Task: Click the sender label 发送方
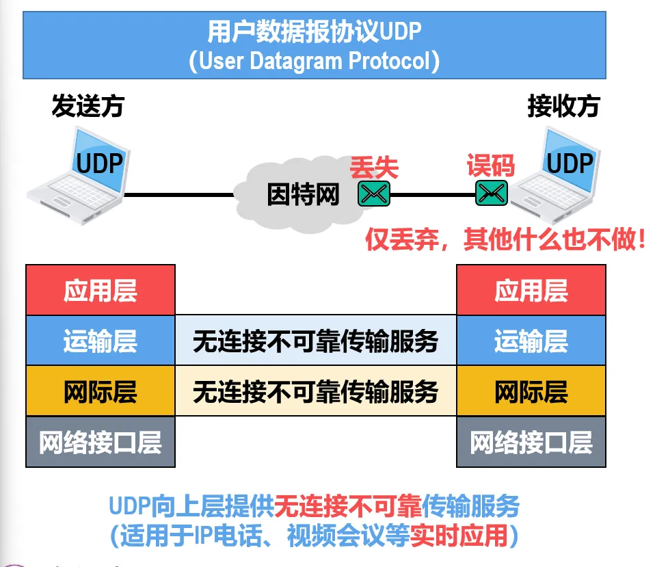point(88,107)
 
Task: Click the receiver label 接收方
point(563,107)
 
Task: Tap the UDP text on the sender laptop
point(100,163)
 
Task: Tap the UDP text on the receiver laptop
point(570,163)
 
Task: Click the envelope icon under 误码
point(491,194)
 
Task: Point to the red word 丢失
point(374,167)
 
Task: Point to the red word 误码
point(490,166)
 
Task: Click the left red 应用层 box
point(101,290)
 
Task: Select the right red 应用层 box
point(531,290)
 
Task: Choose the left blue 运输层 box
point(101,341)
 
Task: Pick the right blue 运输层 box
point(531,341)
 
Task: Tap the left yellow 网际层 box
point(101,391)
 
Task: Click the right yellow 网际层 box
point(531,391)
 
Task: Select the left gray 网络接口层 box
point(101,442)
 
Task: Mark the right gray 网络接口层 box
point(531,442)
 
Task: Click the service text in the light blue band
point(315,341)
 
